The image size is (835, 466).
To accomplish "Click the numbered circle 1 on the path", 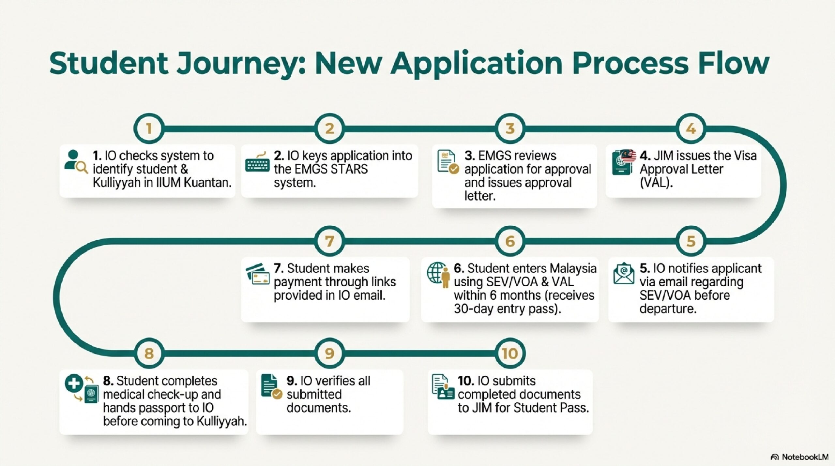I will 149,128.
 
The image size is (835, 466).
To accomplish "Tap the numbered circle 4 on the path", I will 691,128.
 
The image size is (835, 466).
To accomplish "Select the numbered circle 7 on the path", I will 329,241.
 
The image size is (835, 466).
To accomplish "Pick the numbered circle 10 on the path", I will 510,353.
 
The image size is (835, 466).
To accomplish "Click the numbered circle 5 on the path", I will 691,241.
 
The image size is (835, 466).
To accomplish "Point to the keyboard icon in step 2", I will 257,163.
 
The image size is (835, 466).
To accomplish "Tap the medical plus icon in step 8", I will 74,383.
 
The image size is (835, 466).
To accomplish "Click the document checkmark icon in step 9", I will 271,386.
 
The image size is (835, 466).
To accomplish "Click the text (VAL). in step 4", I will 656,183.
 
